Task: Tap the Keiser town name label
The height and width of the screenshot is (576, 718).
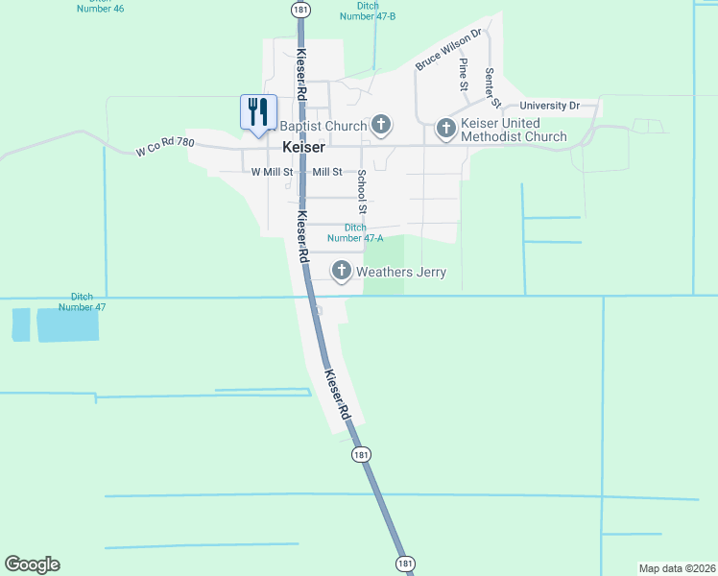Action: [x=303, y=149]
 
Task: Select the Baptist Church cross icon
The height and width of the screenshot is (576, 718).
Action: [x=381, y=125]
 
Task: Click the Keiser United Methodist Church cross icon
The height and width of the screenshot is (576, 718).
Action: [x=445, y=127]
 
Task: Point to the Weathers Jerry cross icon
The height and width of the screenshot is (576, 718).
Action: [x=342, y=272]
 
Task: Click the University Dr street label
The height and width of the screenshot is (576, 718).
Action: [x=550, y=106]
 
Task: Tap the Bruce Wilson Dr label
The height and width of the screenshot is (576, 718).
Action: [x=447, y=50]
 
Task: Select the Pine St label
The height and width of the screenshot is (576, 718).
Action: [x=464, y=74]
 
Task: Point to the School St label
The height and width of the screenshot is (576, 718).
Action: [x=362, y=191]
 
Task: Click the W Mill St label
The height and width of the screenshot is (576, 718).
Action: [x=272, y=172]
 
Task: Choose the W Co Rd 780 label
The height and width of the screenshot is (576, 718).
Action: [x=165, y=147]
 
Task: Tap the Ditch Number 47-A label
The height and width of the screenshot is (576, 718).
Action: [x=355, y=232]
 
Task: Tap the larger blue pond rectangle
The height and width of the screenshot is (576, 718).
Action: [x=67, y=326]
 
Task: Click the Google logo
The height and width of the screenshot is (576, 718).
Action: [x=32, y=564]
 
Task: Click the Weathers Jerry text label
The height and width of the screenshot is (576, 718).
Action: [x=401, y=272]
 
